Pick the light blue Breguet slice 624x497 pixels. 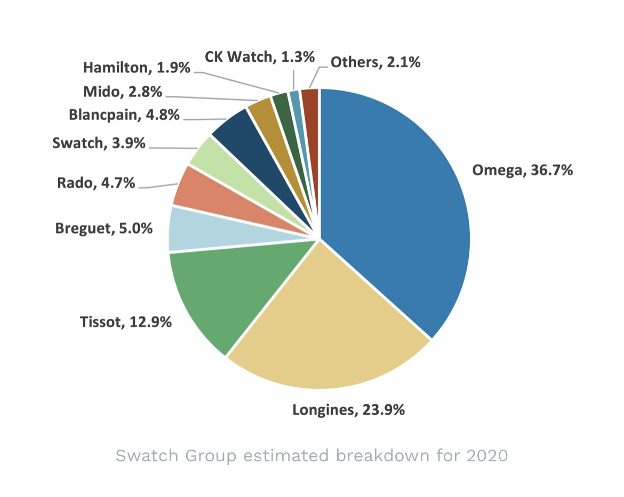pyautogui.click(x=192, y=229)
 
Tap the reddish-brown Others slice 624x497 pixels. pyautogui.click(x=311, y=101)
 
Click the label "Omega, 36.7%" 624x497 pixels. pyautogui.click(x=522, y=170)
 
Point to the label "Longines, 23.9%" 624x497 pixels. pyautogui.click(x=348, y=410)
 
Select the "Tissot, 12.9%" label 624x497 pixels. pyautogui.click(x=125, y=322)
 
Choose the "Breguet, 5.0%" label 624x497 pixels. pyautogui.click(x=104, y=229)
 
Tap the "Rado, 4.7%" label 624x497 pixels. pyautogui.click(x=97, y=183)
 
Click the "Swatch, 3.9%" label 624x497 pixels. pyautogui.click(x=99, y=143)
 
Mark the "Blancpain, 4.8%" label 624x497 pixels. pyautogui.click(x=124, y=115)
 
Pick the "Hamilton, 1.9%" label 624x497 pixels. pyautogui.click(x=137, y=68)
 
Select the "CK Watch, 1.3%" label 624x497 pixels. pyautogui.click(x=260, y=56)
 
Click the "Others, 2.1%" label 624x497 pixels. pyautogui.click(x=375, y=62)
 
